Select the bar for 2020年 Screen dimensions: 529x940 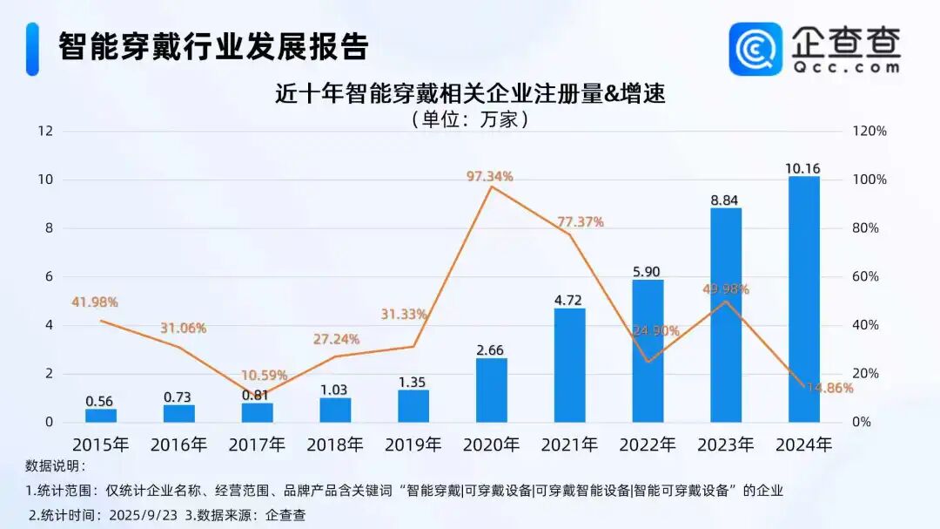[492, 390]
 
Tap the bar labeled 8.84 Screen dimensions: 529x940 [726, 315]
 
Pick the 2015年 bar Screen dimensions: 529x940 [101, 415]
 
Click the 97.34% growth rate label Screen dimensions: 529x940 [490, 176]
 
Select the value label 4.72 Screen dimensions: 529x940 [569, 301]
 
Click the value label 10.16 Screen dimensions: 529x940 [803, 168]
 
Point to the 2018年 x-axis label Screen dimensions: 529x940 [335, 444]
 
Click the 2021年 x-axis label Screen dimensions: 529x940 [569, 444]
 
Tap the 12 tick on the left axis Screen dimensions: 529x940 [44, 132]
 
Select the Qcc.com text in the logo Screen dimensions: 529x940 [846, 66]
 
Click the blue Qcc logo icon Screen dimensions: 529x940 [755, 49]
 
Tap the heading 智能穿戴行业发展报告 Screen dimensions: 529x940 [213, 46]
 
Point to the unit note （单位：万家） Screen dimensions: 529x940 [470, 119]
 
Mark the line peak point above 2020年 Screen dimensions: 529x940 [492, 187]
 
